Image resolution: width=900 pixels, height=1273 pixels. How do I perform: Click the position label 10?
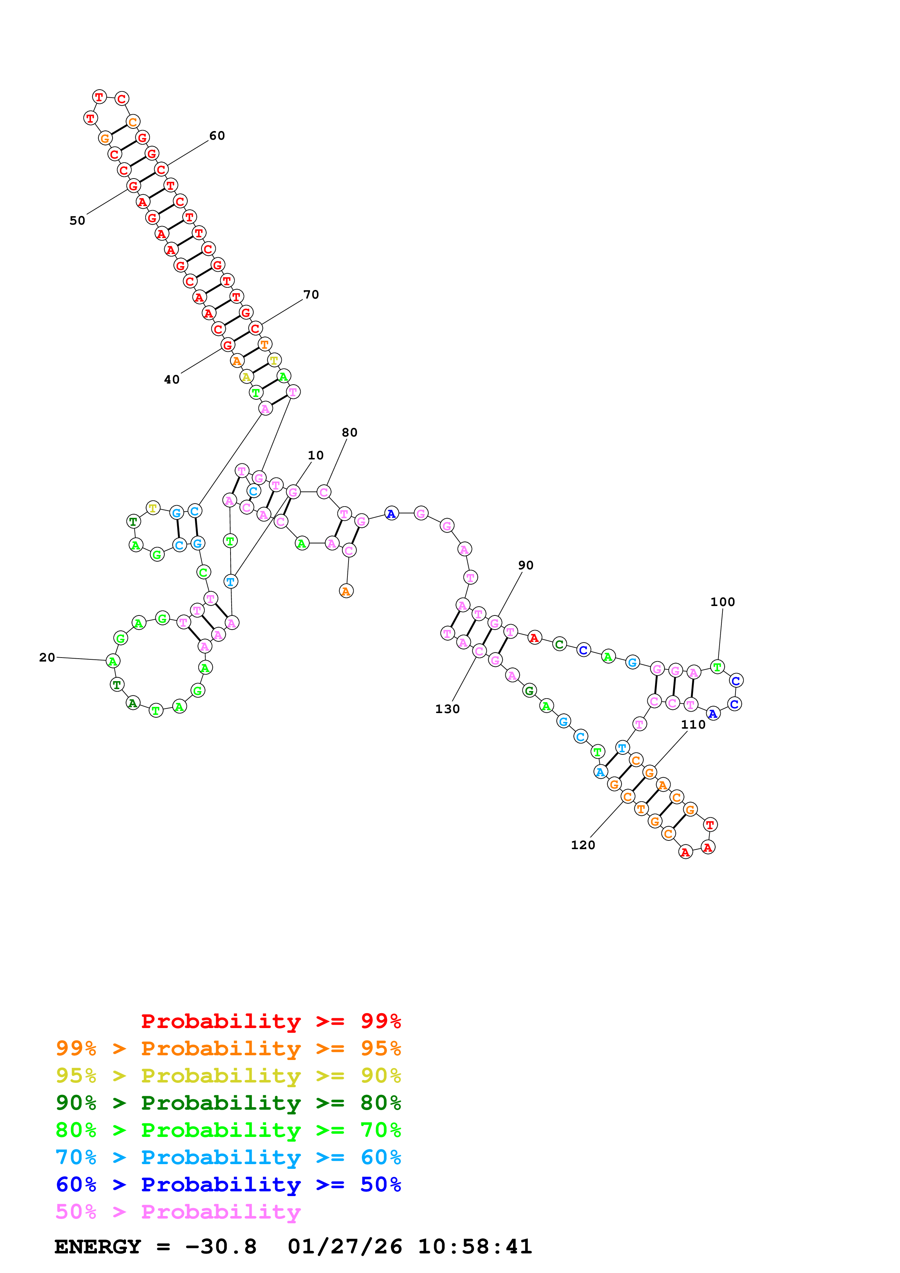pyautogui.click(x=315, y=455)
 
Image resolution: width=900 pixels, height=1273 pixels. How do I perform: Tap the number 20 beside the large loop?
pyautogui.click(x=47, y=658)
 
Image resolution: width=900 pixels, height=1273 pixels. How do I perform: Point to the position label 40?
pyautogui.click(x=172, y=380)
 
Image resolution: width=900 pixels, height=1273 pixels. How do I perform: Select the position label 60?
pyautogui.click(x=217, y=136)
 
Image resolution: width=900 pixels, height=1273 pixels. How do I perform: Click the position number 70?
pyautogui.click(x=311, y=295)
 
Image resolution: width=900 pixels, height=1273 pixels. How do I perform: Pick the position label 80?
pyautogui.click(x=349, y=433)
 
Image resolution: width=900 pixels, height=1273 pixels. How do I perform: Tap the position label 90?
pyautogui.click(x=526, y=565)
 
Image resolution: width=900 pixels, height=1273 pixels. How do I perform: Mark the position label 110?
pyautogui.click(x=693, y=725)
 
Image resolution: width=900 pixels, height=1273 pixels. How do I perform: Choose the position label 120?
pyautogui.click(x=583, y=845)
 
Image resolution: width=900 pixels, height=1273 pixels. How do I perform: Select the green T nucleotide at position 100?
pyautogui.click(x=717, y=667)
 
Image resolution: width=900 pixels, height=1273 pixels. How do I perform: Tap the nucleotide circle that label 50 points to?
pyautogui.click(x=133, y=186)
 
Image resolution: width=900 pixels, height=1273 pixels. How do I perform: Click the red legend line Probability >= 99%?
pyautogui.click(x=270, y=1021)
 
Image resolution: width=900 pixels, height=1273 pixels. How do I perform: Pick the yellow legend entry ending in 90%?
pyautogui.click(x=228, y=1076)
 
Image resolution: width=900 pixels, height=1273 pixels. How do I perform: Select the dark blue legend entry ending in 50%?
pyautogui.click(x=228, y=1184)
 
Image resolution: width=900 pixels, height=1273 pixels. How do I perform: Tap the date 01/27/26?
pyautogui.click(x=345, y=1247)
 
